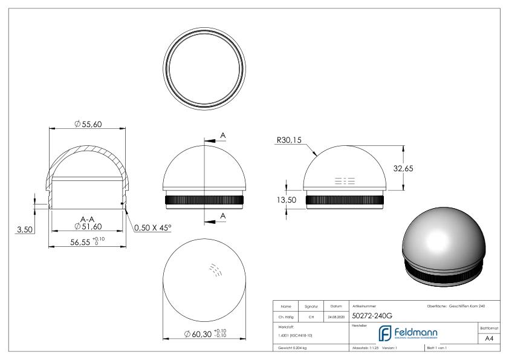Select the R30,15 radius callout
(x=288, y=140)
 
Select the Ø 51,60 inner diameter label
(x=87, y=227)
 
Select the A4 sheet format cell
(x=491, y=339)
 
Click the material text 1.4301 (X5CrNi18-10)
(x=296, y=335)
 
